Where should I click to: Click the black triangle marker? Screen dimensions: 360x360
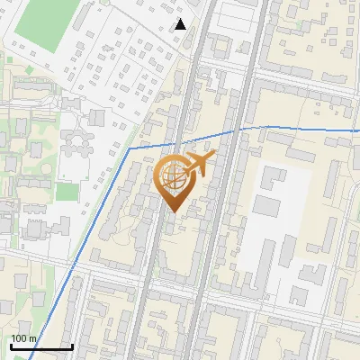(x=180, y=24)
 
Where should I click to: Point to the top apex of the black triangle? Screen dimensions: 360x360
(x=180, y=19)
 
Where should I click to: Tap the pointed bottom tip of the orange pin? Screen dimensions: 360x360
(x=175, y=212)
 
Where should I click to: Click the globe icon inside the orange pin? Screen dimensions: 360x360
(x=174, y=177)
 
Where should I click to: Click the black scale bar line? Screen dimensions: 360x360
(x=41, y=347)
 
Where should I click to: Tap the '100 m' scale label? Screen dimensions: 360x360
(x=24, y=339)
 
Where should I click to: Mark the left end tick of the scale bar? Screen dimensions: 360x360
(x=11, y=346)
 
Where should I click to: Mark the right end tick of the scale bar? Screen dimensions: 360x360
(x=72, y=346)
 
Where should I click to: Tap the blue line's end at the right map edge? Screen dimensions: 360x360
(x=357, y=131)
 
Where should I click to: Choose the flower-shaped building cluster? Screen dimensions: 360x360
(x=77, y=139)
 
